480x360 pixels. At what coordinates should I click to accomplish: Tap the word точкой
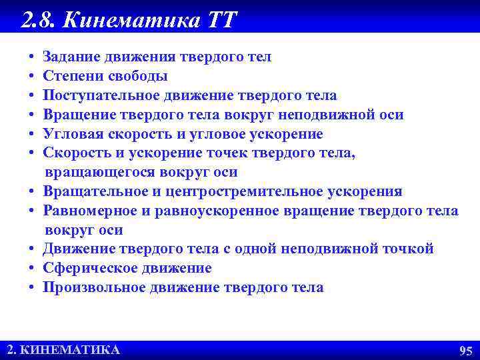406,249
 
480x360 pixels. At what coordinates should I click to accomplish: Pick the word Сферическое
85,268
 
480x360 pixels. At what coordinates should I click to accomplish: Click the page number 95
465,351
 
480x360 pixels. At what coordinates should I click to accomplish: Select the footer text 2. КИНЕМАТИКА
63,350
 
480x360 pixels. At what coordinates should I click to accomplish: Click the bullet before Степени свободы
32,77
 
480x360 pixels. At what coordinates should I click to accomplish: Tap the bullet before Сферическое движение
32,269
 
